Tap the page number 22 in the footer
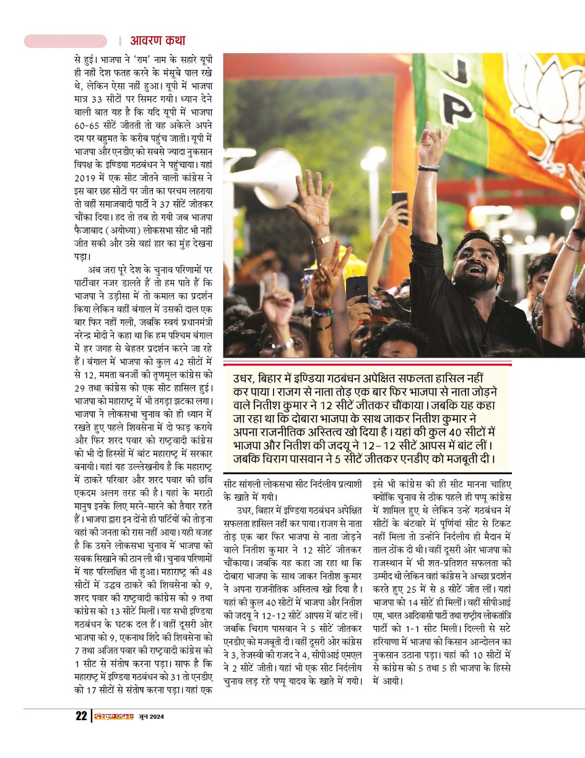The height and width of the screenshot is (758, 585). tap(81, 716)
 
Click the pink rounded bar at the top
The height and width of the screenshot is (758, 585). tap(66, 41)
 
